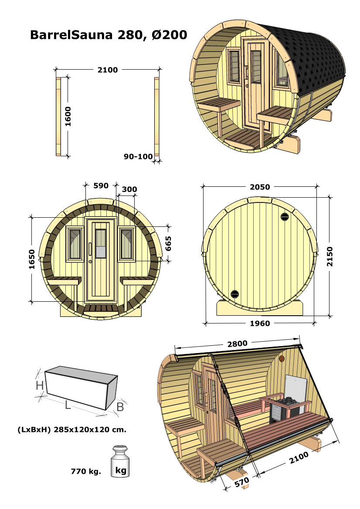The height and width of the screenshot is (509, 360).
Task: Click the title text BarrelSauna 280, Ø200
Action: click(109, 35)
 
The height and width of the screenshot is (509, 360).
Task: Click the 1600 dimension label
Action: click(68, 117)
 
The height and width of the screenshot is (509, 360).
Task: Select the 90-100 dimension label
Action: click(138, 156)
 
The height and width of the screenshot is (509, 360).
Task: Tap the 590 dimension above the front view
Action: click(101, 185)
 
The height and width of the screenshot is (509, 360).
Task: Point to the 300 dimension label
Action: click(129, 189)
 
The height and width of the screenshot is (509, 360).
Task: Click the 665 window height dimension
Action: click(168, 243)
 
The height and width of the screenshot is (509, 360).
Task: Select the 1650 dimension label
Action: click(31, 259)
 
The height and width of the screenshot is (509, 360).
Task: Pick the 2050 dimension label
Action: click(260, 187)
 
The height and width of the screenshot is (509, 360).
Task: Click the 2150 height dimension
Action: click(330, 256)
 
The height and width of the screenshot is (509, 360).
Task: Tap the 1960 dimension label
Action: click(260, 324)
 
